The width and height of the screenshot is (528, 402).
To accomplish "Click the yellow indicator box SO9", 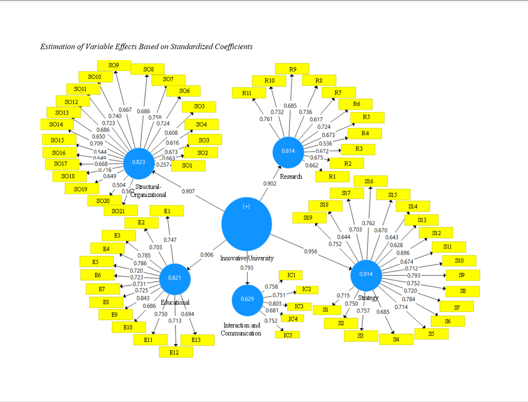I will click(114, 65).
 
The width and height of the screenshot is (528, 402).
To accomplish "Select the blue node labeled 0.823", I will click(139, 163).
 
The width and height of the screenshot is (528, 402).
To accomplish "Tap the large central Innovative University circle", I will click(247, 224).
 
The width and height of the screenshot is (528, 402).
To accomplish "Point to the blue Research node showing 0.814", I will click(288, 152).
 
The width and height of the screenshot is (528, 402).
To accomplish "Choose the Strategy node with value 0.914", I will click(366, 275).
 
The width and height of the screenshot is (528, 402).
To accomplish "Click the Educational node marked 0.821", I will click(175, 279).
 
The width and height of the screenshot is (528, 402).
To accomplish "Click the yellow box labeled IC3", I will click(299, 306).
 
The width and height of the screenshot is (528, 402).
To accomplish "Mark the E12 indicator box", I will click(175, 352).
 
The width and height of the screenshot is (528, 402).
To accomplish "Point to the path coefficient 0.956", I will click(311, 251).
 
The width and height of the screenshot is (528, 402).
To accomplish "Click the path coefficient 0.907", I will click(188, 191).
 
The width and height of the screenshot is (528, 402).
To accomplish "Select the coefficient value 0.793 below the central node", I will click(247, 267).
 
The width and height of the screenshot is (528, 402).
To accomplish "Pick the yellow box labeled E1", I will click(167, 211).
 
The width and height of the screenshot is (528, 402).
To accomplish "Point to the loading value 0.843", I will click(143, 298).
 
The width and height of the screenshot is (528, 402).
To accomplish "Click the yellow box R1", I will click(332, 177).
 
